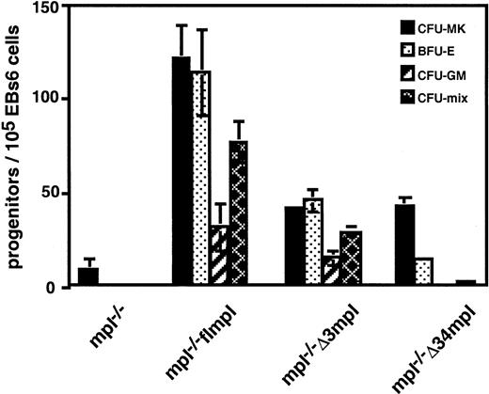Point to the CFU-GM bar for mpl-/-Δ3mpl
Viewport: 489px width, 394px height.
point(330,273)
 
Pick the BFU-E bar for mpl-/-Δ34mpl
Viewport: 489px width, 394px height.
point(423,273)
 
